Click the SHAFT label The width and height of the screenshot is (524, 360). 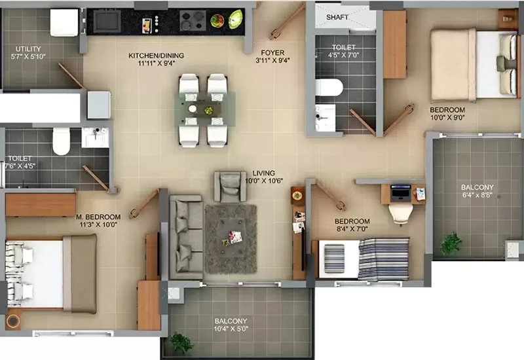(337, 17)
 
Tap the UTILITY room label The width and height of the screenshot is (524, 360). (28, 48)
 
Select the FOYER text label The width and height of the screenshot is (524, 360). (272, 53)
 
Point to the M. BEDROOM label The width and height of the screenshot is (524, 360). (98, 217)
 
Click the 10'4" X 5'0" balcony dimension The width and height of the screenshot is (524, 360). (231, 329)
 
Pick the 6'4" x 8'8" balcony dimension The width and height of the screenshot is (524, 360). (477, 195)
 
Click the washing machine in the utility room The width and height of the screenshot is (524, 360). (64, 22)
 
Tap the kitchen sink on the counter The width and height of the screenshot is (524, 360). (107, 21)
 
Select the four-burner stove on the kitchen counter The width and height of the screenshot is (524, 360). (193, 21)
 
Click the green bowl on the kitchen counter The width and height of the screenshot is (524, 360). (236, 19)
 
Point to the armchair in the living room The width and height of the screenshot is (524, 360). (230, 187)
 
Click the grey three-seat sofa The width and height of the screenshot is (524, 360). (186, 237)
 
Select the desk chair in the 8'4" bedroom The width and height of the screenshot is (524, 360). (400, 214)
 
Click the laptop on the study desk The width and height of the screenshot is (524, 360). (401, 193)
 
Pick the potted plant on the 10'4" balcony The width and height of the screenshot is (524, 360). (181, 342)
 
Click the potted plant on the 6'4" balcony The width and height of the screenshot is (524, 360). (451, 243)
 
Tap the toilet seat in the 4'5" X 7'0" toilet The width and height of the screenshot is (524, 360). (329, 88)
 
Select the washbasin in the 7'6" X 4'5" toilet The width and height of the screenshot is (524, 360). (95, 137)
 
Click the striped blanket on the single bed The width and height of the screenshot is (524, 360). (384, 259)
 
